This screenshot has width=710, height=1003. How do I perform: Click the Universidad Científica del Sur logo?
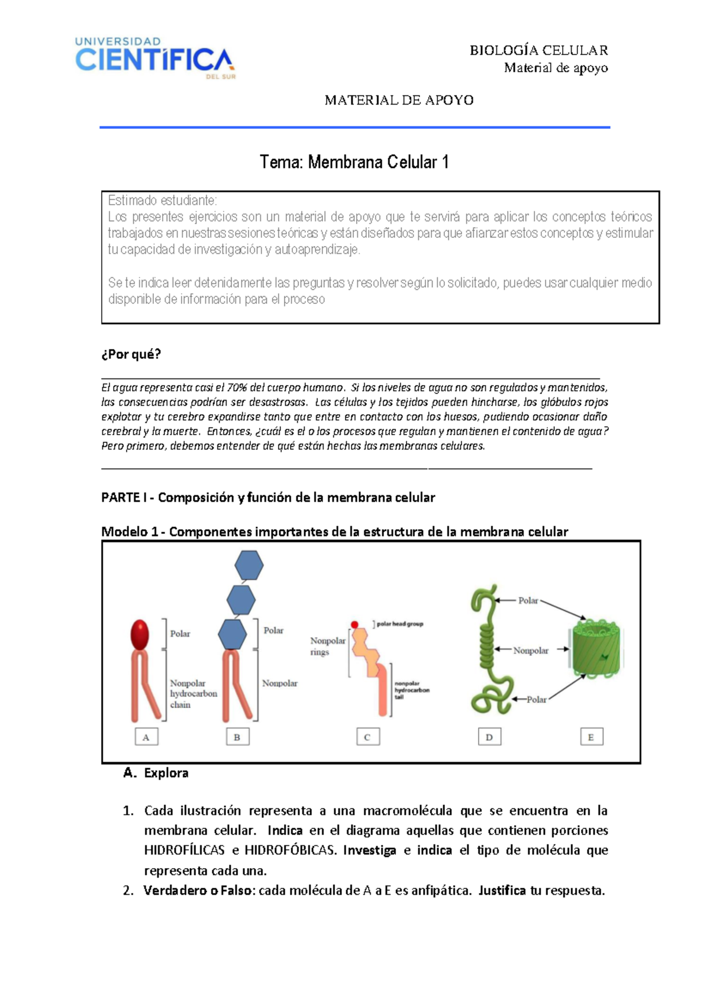[x=154, y=57]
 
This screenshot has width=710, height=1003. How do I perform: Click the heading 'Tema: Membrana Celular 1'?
[x=354, y=162]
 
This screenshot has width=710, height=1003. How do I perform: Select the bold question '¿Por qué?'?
[x=131, y=354]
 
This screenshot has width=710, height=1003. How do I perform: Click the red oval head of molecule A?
[x=140, y=635]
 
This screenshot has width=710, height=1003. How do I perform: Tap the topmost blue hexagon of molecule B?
[x=248, y=565]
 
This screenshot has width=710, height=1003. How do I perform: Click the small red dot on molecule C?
[x=354, y=625]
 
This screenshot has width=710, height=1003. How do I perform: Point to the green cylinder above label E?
[x=596, y=649]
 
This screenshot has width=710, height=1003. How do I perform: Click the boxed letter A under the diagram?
[x=146, y=737]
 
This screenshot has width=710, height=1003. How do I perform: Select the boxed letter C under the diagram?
[x=367, y=737]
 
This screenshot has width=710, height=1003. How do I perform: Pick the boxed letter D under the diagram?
[x=489, y=737]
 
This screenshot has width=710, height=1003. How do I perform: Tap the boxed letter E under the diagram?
[x=591, y=737]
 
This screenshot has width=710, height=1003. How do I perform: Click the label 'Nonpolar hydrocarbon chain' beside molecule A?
[x=193, y=694]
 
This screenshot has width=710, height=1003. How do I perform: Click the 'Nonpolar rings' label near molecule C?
[x=327, y=646]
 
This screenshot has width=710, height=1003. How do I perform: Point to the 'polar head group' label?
[x=400, y=624]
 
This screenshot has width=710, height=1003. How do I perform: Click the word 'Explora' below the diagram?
[x=166, y=773]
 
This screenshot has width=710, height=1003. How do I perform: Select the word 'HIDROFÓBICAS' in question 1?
[x=289, y=850]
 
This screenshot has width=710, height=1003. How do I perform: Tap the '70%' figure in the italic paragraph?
[x=237, y=388]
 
